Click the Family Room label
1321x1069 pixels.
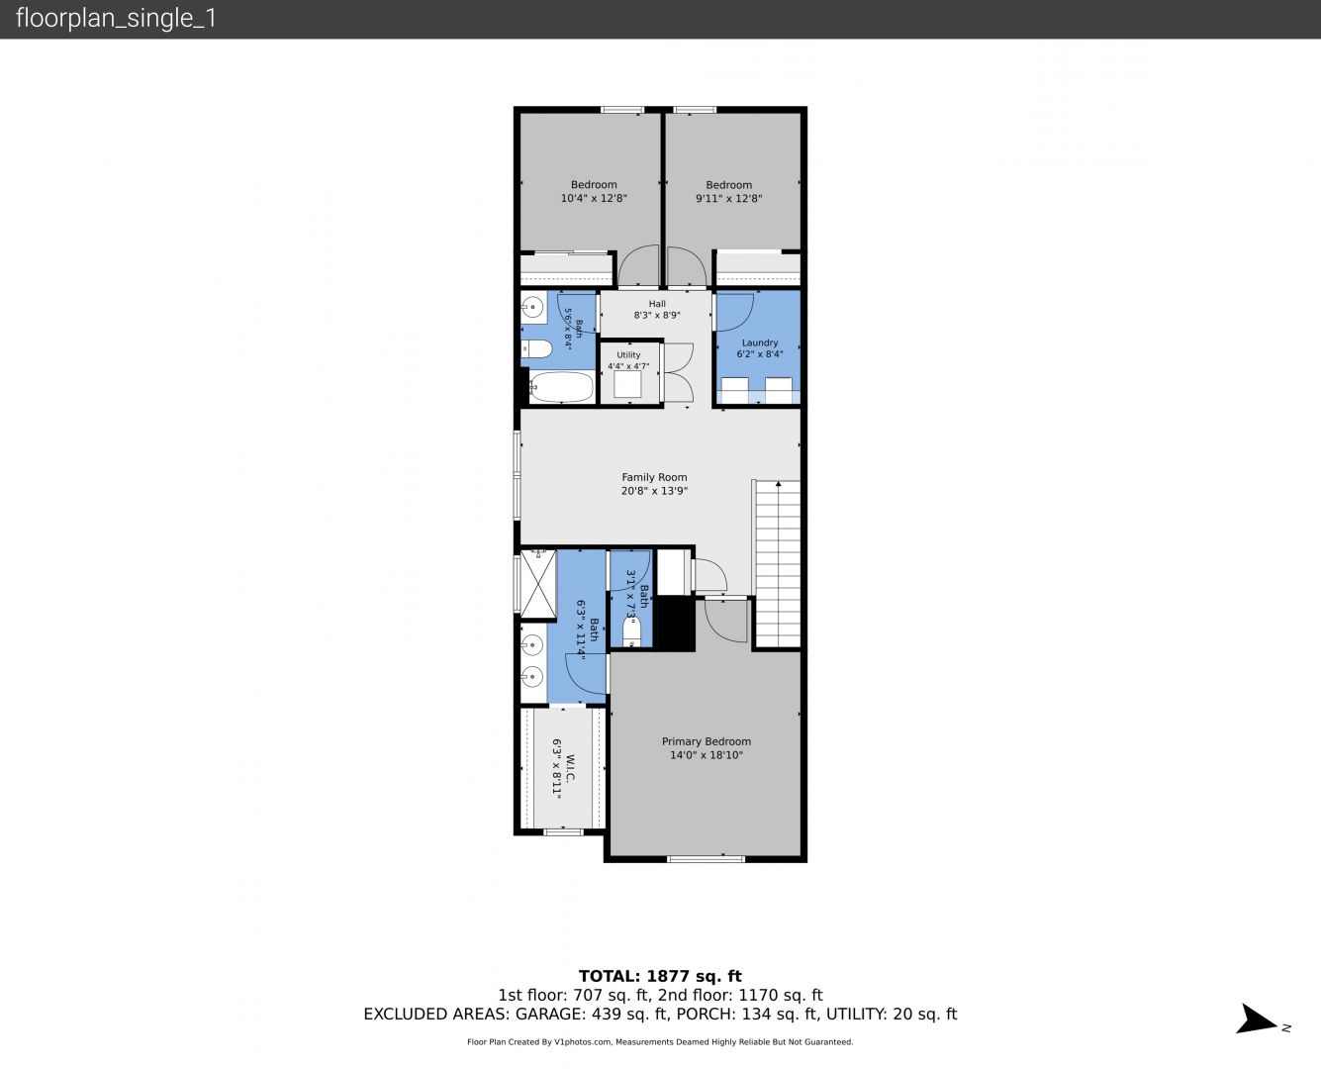tap(654, 477)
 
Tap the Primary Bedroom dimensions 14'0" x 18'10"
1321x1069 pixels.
tap(706, 755)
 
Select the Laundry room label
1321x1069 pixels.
tap(760, 342)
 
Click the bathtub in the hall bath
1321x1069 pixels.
tap(561, 387)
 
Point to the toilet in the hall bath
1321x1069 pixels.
tap(536, 349)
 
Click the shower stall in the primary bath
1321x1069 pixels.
tap(538, 584)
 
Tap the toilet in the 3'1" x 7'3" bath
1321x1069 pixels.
tap(631, 632)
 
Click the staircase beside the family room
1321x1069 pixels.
tap(777, 564)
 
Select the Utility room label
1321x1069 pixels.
tap(628, 355)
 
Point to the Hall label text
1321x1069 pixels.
tap(657, 304)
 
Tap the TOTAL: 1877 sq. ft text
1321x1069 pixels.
tap(660, 976)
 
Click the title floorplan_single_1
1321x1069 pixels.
tap(116, 18)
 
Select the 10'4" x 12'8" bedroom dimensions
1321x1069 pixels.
tap(594, 199)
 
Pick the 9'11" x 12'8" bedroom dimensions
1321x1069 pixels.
tap(728, 199)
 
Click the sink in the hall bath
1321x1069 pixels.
tap(532, 307)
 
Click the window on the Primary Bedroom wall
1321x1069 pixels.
tap(706, 859)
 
